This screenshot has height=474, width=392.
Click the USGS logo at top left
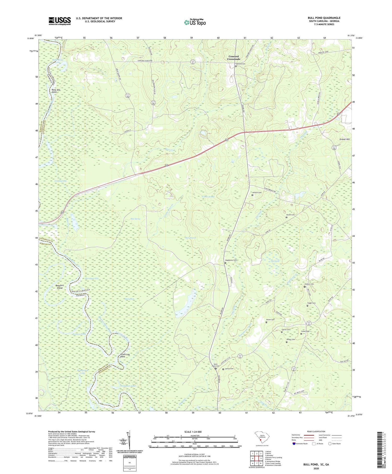pos(60,21)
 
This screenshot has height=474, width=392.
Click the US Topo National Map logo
pos(195,22)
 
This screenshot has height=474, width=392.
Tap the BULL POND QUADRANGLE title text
pos(324,18)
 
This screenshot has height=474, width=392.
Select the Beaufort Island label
pos(60,287)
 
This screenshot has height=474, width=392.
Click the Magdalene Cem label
pos(231,260)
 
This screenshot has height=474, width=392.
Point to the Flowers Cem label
pos(309,284)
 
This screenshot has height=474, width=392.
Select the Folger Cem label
pos(311,303)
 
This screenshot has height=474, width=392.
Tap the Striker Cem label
pos(290,339)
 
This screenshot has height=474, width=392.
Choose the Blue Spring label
pos(135,219)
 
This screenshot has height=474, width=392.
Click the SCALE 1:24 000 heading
pos(194,432)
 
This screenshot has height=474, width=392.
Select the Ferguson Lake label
pos(128,386)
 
